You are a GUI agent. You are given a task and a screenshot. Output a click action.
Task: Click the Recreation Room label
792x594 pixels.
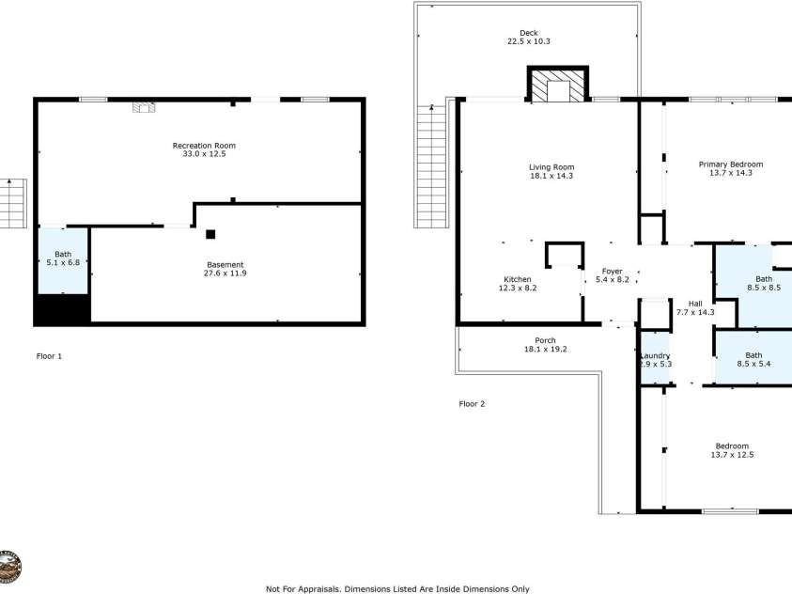pyautogui.click(x=204, y=149)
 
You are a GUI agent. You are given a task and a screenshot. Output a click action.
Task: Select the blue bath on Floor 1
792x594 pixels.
pyautogui.click(x=63, y=258)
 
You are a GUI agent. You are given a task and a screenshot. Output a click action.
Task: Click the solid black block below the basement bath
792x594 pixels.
pyautogui.click(x=62, y=309)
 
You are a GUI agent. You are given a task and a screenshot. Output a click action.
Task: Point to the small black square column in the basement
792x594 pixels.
pyautogui.click(x=211, y=234)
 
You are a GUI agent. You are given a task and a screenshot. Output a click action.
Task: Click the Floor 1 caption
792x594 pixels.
pyautogui.click(x=49, y=356)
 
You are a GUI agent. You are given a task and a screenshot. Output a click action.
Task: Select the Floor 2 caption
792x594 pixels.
pyautogui.click(x=472, y=404)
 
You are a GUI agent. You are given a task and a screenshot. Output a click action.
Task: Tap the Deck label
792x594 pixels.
pyautogui.click(x=529, y=37)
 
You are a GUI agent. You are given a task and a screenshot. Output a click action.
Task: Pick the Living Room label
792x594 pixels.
pyautogui.click(x=551, y=171)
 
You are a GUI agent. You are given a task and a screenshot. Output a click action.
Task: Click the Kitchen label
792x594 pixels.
pyautogui.click(x=518, y=284)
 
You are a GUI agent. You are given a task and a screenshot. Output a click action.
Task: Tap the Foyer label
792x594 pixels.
pyautogui.click(x=612, y=275)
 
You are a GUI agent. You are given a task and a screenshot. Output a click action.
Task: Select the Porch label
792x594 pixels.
pyautogui.click(x=545, y=345)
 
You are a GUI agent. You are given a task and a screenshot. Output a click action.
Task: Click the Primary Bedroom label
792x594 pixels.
pyautogui.click(x=730, y=168)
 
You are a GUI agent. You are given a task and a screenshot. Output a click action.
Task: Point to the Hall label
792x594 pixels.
pyautogui.click(x=701, y=307)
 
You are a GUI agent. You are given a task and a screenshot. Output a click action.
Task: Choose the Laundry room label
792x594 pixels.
pyautogui.click(x=655, y=360)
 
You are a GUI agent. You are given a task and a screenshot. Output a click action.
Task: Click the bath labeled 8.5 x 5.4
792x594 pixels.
pyautogui.click(x=753, y=359)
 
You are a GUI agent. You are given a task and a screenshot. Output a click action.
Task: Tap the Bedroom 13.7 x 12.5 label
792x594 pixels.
pyautogui.click(x=732, y=450)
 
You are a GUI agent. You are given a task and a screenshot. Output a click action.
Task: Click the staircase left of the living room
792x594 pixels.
pyautogui.click(x=431, y=165)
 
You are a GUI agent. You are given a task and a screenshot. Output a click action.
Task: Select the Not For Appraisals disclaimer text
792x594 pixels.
pyautogui.click(x=397, y=588)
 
